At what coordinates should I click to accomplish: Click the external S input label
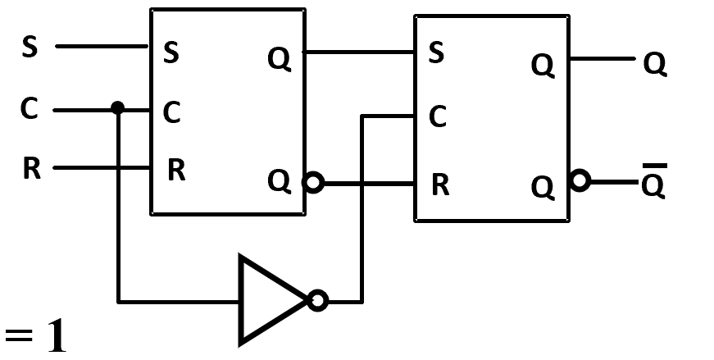[x=30, y=47]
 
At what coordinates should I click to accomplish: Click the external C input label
[x=30, y=109]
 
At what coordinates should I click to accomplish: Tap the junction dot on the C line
[x=117, y=108]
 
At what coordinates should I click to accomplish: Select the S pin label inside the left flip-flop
[x=171, y=52]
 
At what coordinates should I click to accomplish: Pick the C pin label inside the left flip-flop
[x=171, y=112]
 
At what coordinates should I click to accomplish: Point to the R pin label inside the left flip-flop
[x=177, y=170]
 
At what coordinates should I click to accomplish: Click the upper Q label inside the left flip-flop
[x=280, y=59]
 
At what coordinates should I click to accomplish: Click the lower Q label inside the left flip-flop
[x=280, y=181]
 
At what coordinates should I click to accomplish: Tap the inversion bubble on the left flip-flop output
[x=314, y=183]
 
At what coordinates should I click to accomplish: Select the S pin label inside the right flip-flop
[x=436, y=52]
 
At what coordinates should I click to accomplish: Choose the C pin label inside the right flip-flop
[x=438, y=116]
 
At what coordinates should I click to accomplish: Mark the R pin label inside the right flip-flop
[x=440, y=185]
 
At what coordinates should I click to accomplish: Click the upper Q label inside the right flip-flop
[x=543, y=65]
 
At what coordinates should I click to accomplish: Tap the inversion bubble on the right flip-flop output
[x=580, y=180]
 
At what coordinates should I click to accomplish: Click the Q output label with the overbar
[x=654, y=181]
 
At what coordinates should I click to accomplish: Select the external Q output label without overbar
[x=655, y=64]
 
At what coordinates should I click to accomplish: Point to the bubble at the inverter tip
[x=318, y=301]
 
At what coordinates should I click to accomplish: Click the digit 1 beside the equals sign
[x=57, y=336]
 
